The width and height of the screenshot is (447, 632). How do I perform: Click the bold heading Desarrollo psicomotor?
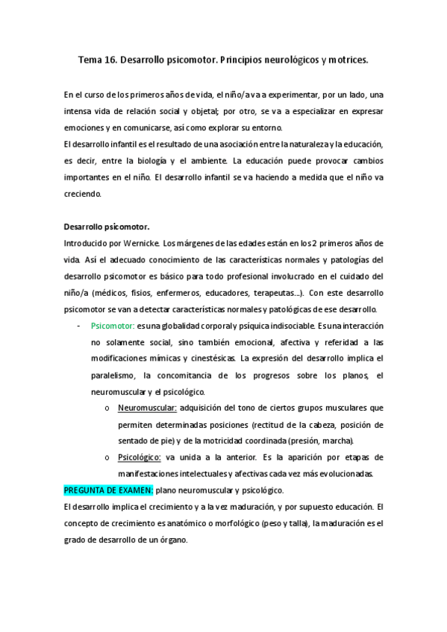[x=106, y=227]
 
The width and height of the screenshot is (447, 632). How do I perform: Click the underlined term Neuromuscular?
[x=147, y=408]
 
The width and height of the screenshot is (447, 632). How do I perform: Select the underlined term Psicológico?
[x=140, y=458]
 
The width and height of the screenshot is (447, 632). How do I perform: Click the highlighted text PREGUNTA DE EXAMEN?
[x=108, y=490]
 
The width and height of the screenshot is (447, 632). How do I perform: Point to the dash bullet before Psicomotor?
[x=79, y=326]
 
